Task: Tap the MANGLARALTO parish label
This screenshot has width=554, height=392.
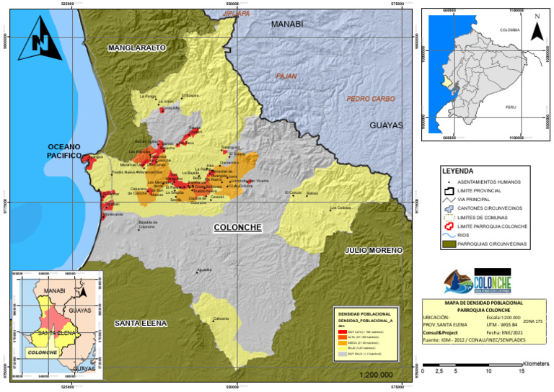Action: click(x=136, y=48)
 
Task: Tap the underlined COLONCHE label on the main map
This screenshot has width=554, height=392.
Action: click(x=237, y=228)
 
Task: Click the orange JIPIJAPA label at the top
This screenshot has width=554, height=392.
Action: click(x=236, y=13)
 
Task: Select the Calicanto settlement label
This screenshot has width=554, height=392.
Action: click(x=221, y=318)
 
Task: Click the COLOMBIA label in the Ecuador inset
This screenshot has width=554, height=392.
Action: click(x=510, y=30)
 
